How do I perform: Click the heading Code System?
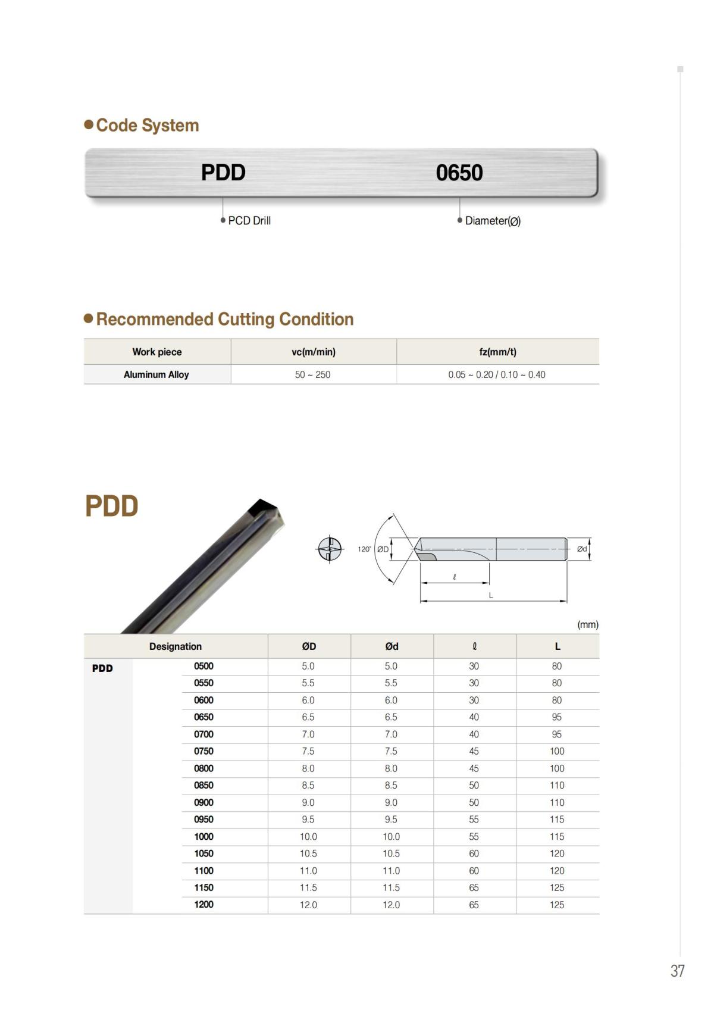(x=147, y=126)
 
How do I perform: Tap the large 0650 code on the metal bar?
(x=459, y=173)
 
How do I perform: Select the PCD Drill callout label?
(x=249, y=221)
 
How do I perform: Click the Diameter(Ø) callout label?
(x=493, y=221)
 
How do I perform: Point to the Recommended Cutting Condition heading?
(x=224, y=319)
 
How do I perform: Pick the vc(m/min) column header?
(x=314, y=352)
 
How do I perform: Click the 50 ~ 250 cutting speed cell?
(x=312, y=374)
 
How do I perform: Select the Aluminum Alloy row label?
(x=156, y=374)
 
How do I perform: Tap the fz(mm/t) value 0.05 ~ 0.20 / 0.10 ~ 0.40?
(x=497, y=374)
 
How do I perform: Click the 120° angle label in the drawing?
(x=364, y=549)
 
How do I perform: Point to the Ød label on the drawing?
(x=582, y=549)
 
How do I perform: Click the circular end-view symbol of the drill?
(x=329, y=549)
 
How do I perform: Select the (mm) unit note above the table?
(x=587, y=624)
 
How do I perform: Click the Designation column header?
(x=176, y=646)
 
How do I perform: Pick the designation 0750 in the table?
(x=203, y=751)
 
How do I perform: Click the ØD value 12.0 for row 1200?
(x=308, y=905)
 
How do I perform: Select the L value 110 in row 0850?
(x=557, y=785)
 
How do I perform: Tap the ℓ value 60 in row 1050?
(x=474, y=853)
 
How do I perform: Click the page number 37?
(x=677, y=971)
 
